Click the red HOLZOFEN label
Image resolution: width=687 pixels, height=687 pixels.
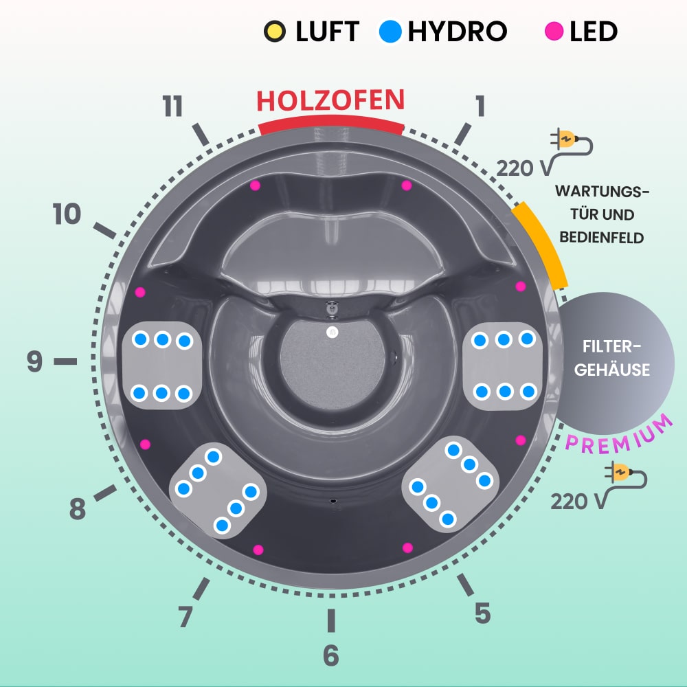coord(330,100)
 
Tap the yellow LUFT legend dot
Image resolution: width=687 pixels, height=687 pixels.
coord(273,32)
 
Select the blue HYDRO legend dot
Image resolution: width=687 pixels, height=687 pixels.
coord(390,32)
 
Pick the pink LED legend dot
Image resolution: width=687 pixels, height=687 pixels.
coord(553,32)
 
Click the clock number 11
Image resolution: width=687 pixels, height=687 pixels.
coord(173,107)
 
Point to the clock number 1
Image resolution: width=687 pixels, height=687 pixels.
coord(480,106)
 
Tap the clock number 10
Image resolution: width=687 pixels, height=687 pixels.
coord(67,215)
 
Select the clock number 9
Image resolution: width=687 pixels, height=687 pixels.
coord(35,362)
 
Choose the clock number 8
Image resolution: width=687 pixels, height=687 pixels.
coord(77,510)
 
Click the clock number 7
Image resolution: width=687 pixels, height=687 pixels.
coord(185,617)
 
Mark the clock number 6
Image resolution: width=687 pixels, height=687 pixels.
coord(331,656)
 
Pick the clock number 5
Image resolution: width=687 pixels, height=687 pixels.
coord(482,613)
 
